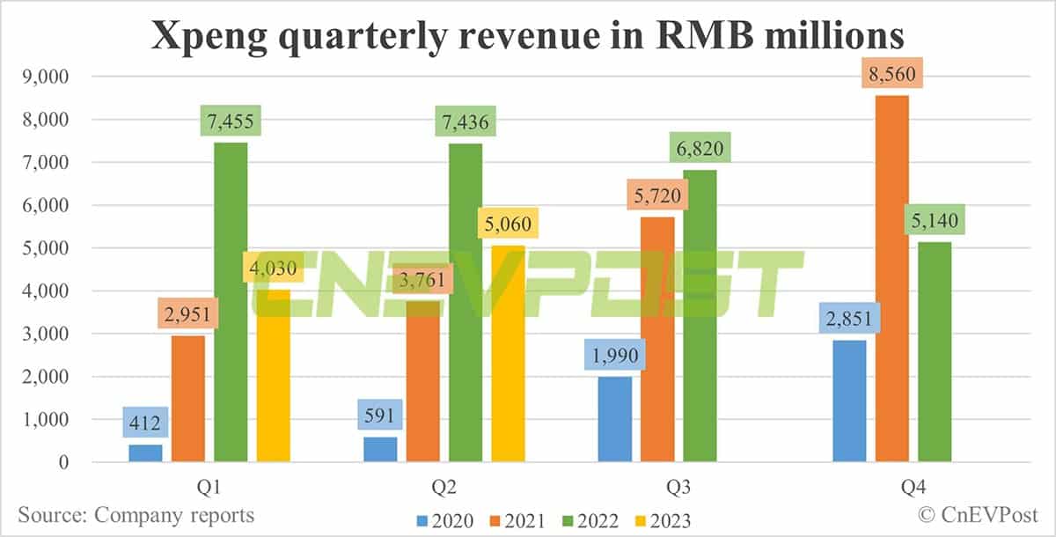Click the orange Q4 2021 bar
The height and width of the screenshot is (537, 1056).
891,282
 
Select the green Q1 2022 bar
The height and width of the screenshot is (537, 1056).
231,304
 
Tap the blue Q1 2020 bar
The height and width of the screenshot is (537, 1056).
145,452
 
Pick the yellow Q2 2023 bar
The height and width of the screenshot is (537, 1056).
508,352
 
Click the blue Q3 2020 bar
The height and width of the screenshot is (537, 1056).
614,419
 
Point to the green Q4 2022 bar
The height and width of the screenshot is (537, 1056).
935,352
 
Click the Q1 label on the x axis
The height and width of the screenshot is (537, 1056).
209,485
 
